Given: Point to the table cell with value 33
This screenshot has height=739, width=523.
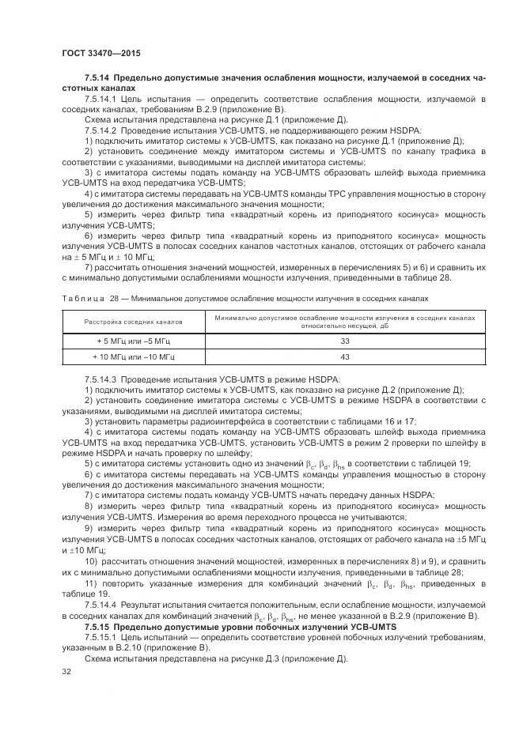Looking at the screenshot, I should pos(344,341).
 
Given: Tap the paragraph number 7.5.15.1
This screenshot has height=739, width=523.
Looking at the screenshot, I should pos(101,636).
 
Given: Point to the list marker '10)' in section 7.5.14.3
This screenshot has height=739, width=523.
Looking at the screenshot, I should pos(92,562).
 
